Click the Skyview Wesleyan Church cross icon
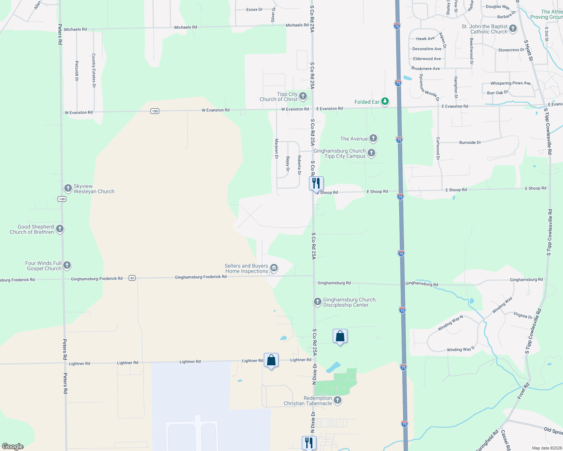[68, 188]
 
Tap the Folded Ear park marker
[385, 101]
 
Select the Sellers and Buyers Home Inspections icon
[274, 268]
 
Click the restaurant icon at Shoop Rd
[316, 183]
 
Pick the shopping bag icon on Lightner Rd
[271, 361]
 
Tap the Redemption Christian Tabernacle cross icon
[338, 400]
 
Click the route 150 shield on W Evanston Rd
[155, 111]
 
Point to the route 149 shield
[62, 199]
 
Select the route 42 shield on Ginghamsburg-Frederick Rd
[132, 278]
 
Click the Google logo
[12, 446]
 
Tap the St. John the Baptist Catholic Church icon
[513, 29]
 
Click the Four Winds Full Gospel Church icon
[67, 265]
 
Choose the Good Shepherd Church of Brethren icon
[59, 229]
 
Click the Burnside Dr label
[470, 143]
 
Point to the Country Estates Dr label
[94, 70]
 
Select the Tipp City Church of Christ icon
[303, 97]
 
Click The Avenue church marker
[373, 138]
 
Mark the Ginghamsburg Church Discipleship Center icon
[318, 302]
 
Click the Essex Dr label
[254, 9]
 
